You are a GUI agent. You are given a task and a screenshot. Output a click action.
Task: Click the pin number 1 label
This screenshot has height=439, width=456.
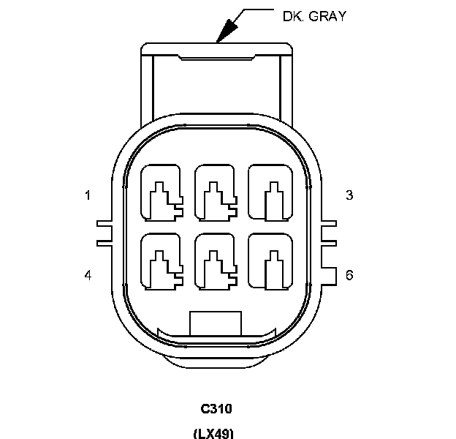pyautogui.click(x=88, y=195)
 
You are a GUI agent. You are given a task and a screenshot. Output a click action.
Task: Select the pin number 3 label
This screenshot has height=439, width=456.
pyautogui.click(x=349, y=195)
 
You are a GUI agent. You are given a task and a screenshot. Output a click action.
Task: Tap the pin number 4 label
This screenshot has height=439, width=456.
pyautogui.click(x=88, y=276)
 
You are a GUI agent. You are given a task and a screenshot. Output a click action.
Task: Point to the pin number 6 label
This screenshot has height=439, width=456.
pyautogui.click(x=349, y=276)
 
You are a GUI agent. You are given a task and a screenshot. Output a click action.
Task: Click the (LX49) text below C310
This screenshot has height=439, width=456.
pyautogui.click(x=213, y=433)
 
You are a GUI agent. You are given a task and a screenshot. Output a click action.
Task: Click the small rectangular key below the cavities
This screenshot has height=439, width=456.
pyautogui.click(x=215, y=323)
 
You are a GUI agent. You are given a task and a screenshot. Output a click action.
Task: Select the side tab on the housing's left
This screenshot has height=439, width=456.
pyautogui.click(x=104, y=231)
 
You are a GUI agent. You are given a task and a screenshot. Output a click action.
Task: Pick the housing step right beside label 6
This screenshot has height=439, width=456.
pyautogui.click(x=327, y=274)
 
